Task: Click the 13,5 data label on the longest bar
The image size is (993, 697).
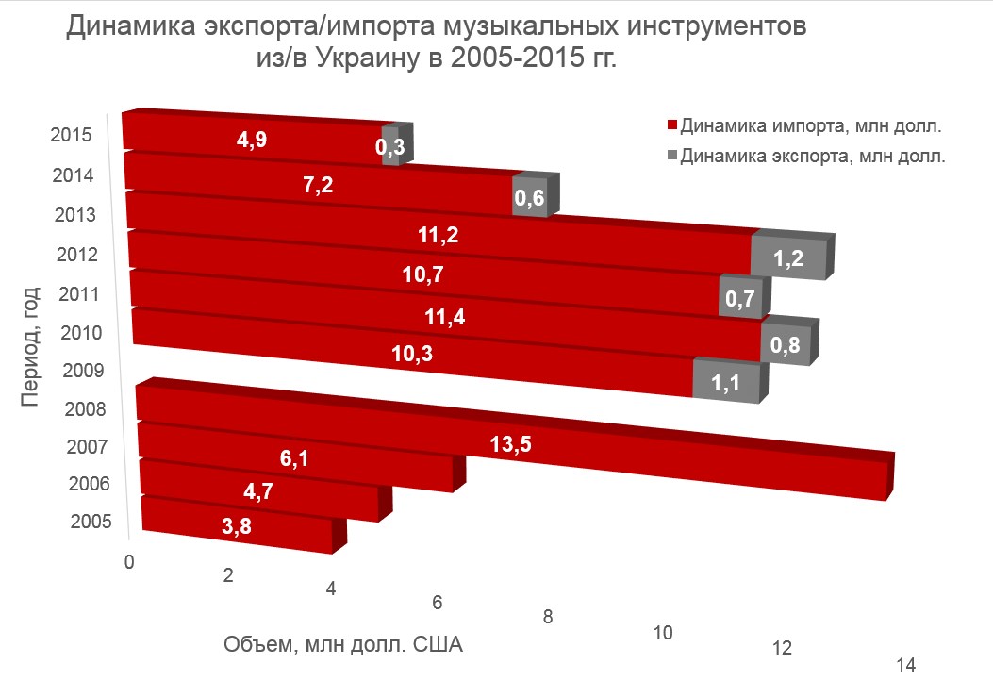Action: pyautogui.click(x=512, y=444)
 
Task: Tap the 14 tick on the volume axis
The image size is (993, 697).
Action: pyautogui.click(x=906, y=665)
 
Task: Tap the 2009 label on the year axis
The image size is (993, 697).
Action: pyautogui.click(x=83, y=370)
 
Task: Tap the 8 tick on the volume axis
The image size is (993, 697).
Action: pyautogui.click(x=547, y=617)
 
